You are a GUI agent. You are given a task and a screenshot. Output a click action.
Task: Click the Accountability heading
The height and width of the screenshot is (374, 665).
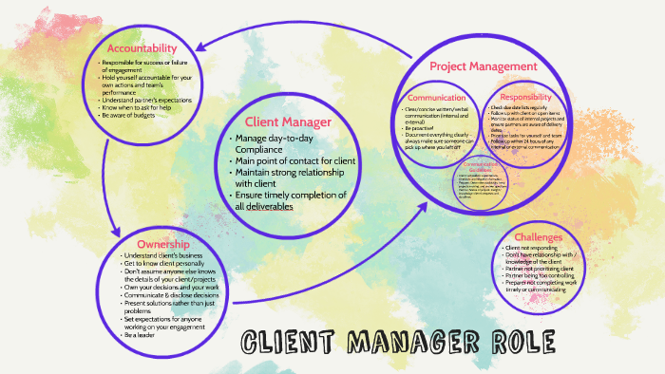coord(142,48)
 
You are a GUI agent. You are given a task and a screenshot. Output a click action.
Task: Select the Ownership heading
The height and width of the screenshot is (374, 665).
coord(150,244)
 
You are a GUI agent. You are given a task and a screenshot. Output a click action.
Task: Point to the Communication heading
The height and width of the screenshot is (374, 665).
coord(436,98)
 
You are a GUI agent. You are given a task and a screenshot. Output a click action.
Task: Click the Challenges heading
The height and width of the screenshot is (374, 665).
coord(539,236)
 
